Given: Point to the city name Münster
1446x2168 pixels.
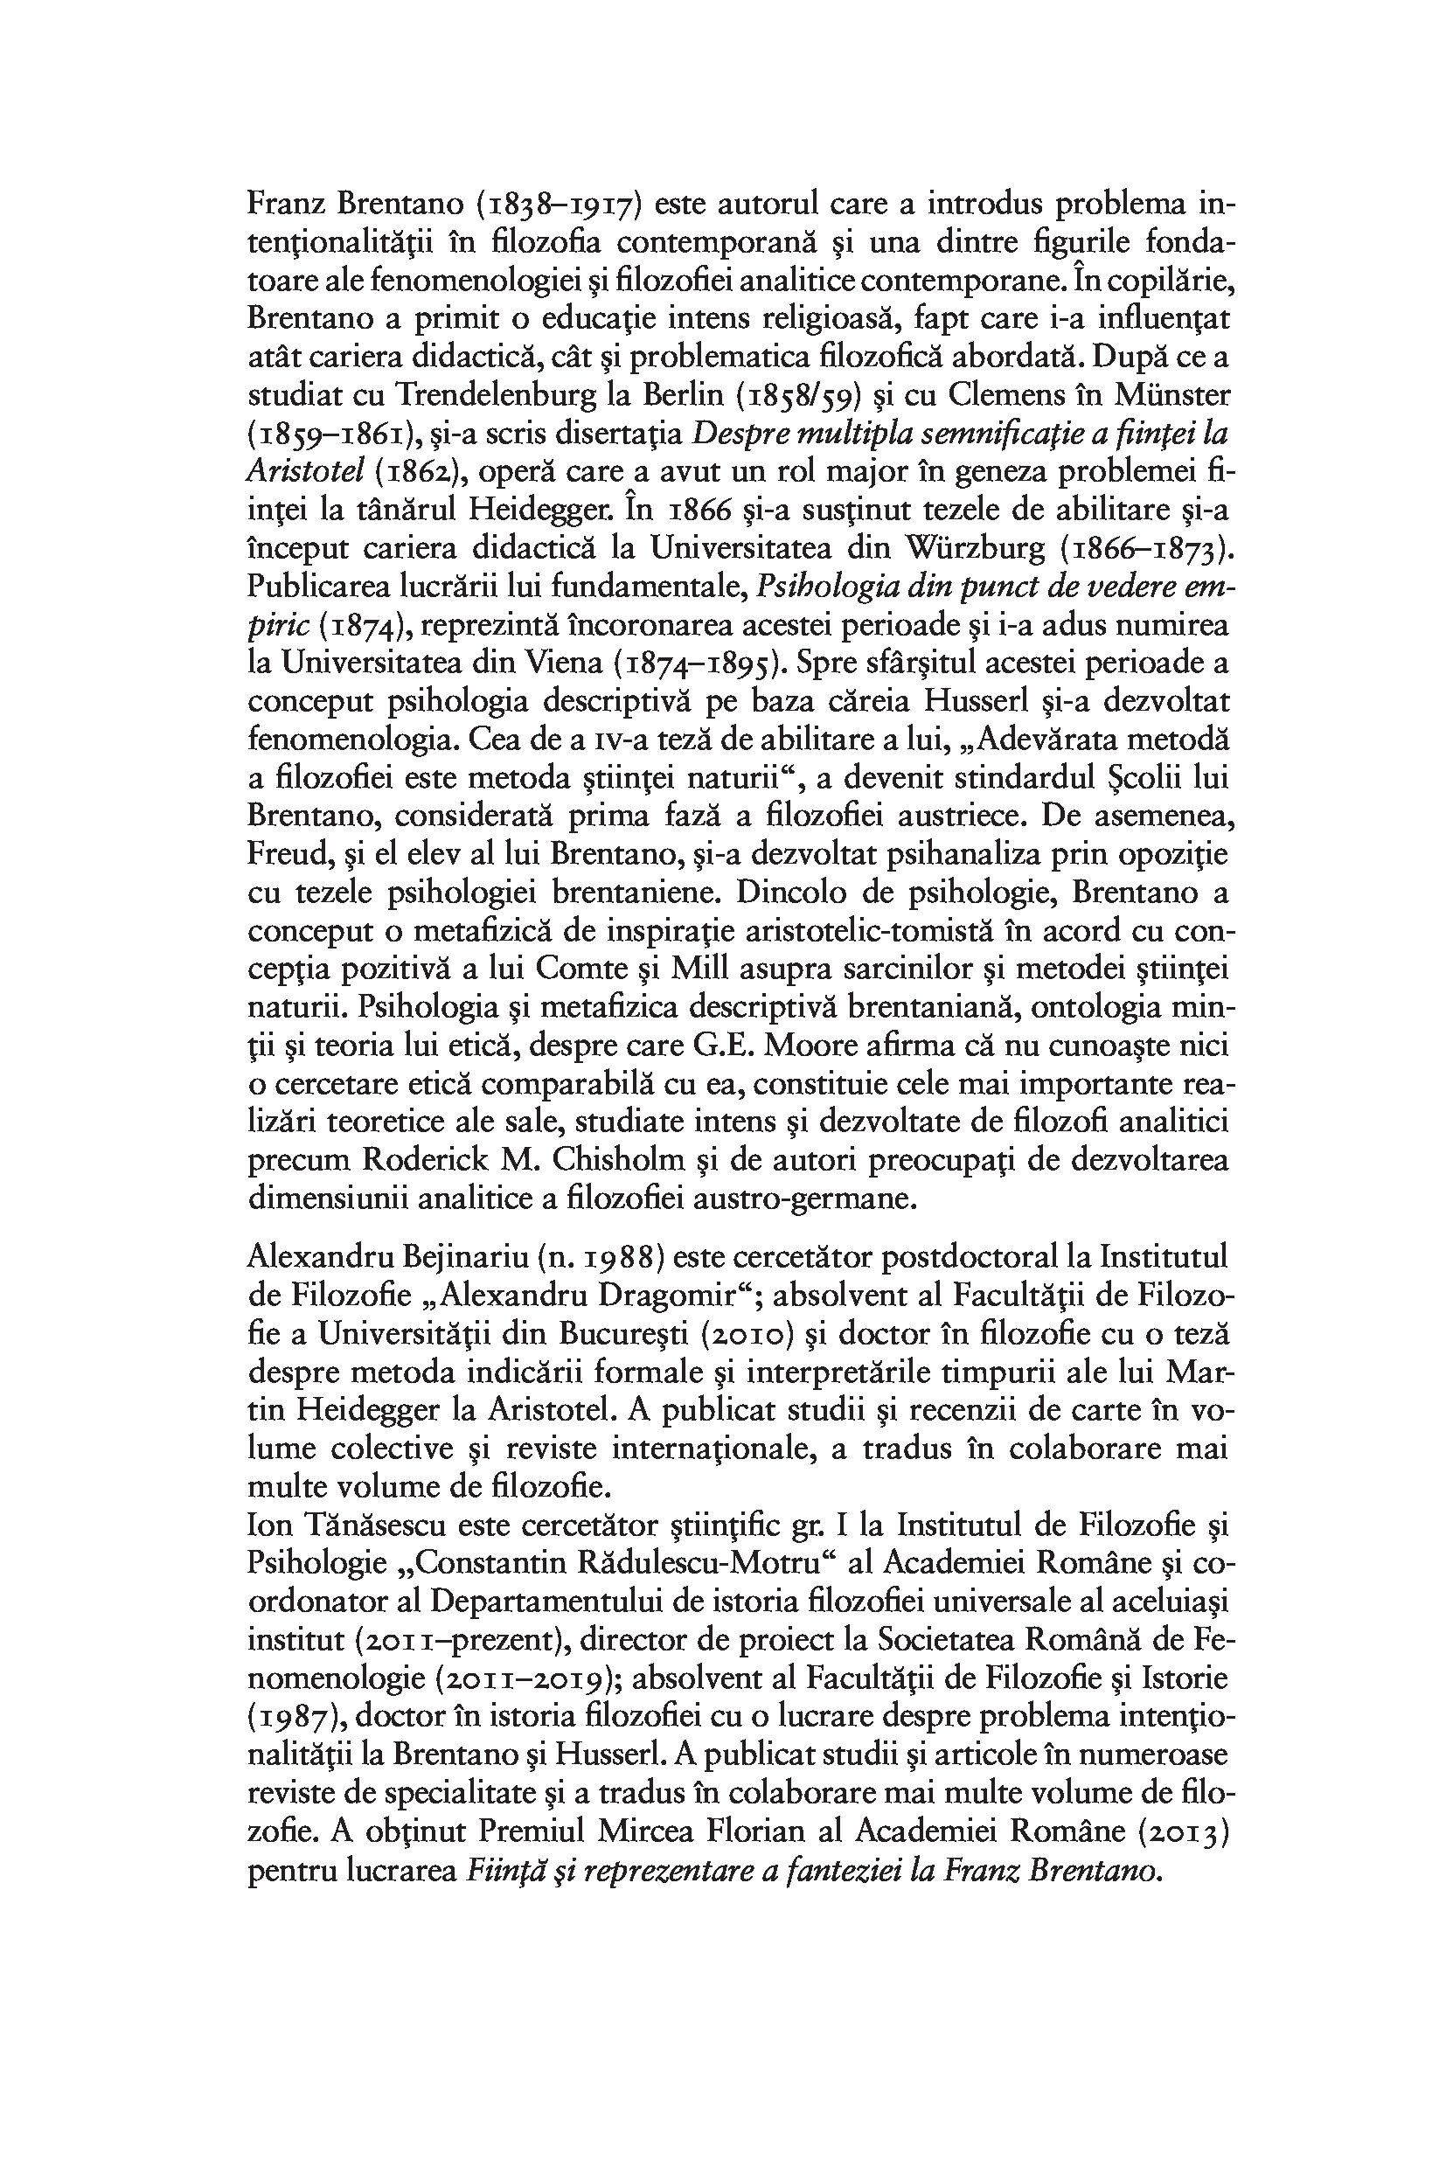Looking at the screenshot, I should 1172,396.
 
